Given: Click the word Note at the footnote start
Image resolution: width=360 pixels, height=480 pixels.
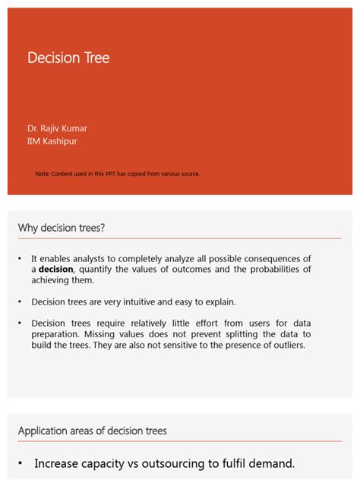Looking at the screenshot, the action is [43, 174].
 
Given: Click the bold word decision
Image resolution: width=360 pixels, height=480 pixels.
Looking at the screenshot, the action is [56, 270].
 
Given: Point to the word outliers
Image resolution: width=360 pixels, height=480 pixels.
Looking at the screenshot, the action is [285, 345].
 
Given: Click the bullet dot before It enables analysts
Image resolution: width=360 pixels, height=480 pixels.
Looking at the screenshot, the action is [20, 259].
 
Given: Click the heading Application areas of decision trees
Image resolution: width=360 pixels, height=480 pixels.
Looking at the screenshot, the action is [93, 431].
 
